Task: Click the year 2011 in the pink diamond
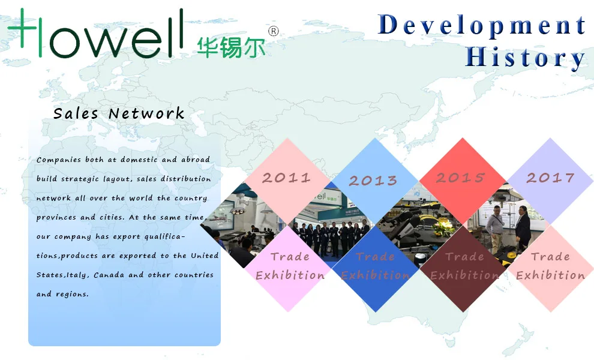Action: [286, 178]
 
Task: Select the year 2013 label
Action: [373, 180]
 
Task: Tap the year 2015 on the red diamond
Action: [460, 178]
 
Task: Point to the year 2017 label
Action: [550, 178]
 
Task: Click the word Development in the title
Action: [482, 25]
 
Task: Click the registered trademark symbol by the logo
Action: [274, 31]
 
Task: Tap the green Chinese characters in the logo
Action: [231, 47]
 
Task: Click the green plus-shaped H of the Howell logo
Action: [27, 32]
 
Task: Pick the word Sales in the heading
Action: [76, 113]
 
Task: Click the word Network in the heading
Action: [146, 113]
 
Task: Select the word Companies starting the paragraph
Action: [58, 160]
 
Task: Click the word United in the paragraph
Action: [205, 256]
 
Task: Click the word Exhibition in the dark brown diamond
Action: [464, 275]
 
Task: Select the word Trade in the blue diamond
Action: [376, 257]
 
